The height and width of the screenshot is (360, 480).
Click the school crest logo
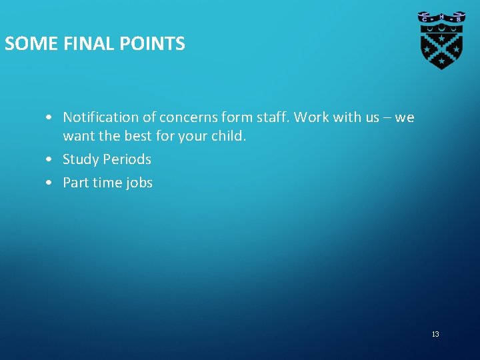point(441,39)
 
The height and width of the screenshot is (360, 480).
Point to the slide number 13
point(435,334)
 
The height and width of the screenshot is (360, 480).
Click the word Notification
point(101,117)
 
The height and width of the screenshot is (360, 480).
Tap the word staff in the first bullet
point(271,117)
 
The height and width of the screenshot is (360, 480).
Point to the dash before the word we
point(387,118)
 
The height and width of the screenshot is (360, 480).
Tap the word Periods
point(127,159)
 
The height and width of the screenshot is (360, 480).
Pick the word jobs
point(139,183)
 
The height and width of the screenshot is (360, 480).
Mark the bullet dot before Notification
point(51,118)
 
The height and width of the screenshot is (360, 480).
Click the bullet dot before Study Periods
point(51,160)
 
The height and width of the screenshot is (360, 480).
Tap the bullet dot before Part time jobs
point(51,183)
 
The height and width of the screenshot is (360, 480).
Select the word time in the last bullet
point(107,183)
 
